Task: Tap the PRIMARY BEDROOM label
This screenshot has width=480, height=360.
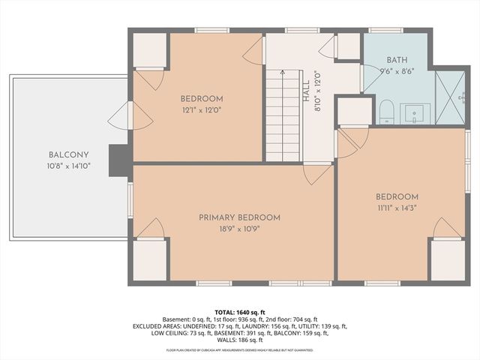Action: [239, 217]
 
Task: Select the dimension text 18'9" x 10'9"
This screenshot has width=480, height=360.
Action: [239, 229]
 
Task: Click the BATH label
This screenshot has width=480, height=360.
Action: [397, 60]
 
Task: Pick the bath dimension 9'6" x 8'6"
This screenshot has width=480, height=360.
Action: [397, 73]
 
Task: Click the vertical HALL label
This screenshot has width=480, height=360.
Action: [305, 91]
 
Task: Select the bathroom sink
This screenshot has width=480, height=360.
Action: [414, 115]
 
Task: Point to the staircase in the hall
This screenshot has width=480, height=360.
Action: [282, 113]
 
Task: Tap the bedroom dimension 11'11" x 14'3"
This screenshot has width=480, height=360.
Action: [397, 209]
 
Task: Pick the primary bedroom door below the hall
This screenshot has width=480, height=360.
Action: [315, 174]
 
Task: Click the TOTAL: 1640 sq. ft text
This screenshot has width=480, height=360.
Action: [240, 311]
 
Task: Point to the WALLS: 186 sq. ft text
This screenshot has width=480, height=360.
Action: [240, 340]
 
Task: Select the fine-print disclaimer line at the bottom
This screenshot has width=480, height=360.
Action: [240, 350]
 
